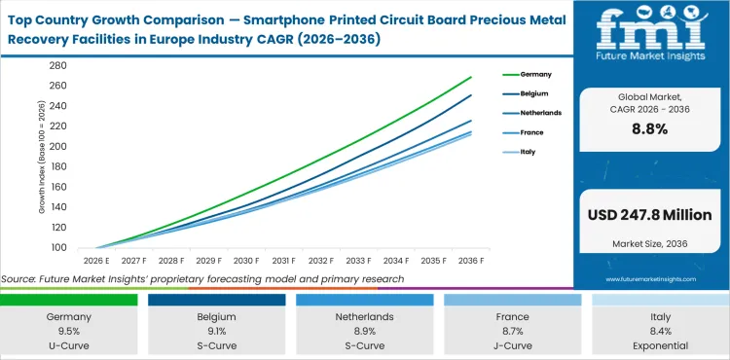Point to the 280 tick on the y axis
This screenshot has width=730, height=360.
coord(58,65)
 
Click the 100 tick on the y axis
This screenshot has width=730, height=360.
coord(58,247)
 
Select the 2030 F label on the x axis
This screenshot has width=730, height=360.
coord(245,261)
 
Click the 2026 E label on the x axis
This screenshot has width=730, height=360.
coord(94,261)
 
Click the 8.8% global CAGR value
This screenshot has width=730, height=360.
coord(652,128)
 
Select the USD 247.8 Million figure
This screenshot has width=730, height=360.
coord(652,214)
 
